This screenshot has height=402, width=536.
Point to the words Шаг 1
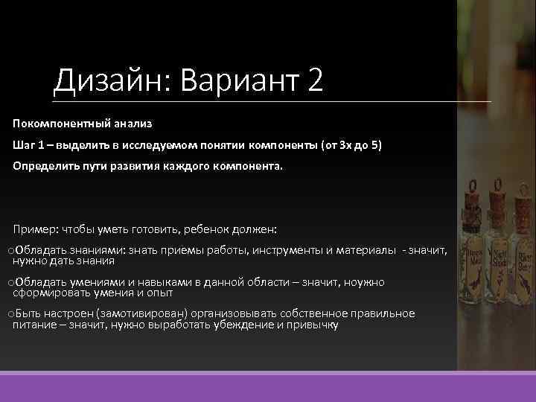[x=28, y=144]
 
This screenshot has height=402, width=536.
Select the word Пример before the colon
[x=34, y=229]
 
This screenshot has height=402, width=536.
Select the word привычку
[x=312, y=325]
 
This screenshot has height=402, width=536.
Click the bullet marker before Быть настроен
[x=10, y=314]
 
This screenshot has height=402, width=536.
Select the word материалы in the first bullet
[x=368, y=250]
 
